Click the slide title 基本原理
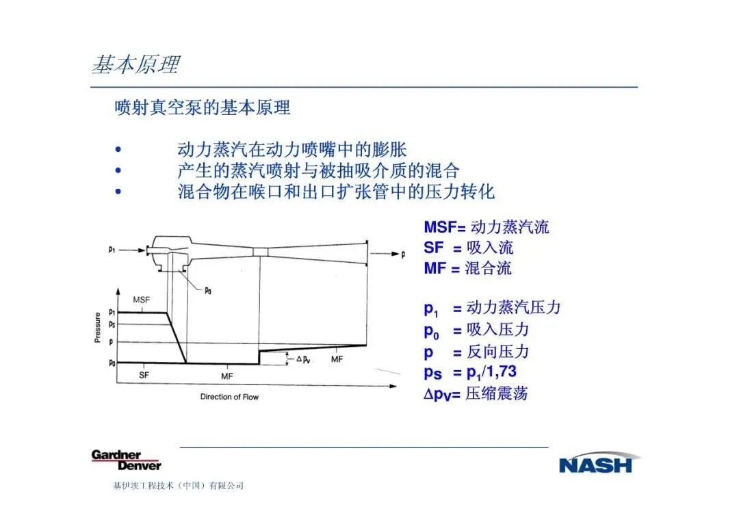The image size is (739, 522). [x=135, y=64]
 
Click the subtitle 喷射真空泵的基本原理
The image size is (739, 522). [x=203, y=107]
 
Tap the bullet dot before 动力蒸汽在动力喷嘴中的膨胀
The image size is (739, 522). [x=119, y=150]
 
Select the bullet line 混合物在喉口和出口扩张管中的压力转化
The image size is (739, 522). [x=335, y=192]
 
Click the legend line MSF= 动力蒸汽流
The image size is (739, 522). [x=486, y=227]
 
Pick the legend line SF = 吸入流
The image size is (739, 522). [x=468, y=248]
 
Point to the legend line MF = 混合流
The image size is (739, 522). [x=467, y=268]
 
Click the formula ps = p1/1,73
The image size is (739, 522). [x=470, y=373]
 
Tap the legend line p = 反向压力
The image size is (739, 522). [x=476, y=352]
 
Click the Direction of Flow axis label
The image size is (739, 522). [x=229, y=397]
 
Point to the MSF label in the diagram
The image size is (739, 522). [x=141, y=300]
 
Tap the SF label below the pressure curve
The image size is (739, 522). [x=144, y=375]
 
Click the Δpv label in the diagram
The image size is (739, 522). [x=303, y=358]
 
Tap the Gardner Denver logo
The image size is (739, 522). [x=127, y=460]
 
